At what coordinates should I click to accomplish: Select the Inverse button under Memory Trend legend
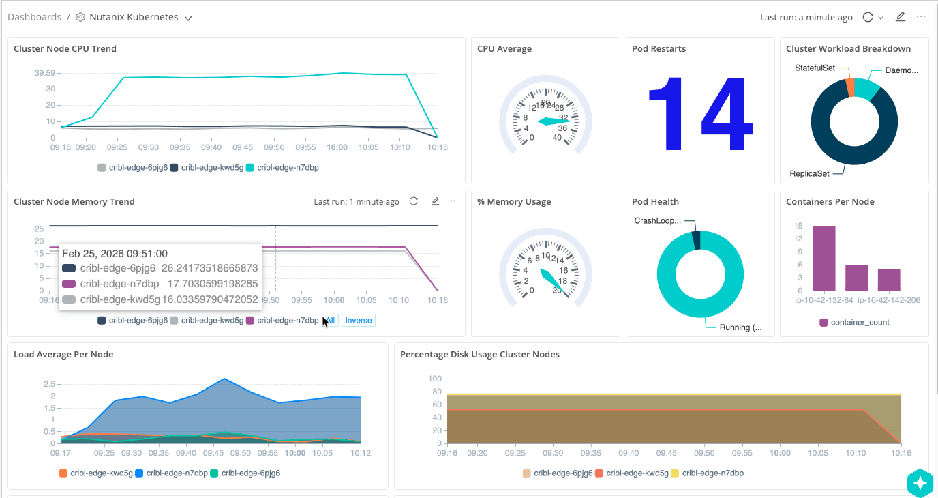358,321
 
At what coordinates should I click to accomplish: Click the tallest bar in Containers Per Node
823,258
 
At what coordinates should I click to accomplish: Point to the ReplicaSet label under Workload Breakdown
809,173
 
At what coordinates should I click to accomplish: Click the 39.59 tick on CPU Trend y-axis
45,73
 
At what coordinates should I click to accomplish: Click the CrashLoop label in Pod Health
657,220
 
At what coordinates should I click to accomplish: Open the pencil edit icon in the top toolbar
900,17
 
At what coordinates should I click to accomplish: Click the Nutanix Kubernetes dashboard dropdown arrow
188,18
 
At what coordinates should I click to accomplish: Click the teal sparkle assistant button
920,483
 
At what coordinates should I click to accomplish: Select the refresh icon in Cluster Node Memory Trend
413,201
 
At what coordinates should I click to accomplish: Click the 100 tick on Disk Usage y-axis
434,379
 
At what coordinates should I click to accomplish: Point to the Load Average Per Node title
63,355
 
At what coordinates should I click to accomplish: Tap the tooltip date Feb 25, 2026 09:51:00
115,254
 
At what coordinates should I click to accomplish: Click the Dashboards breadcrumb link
34,17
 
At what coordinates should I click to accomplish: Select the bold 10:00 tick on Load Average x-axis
295,452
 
